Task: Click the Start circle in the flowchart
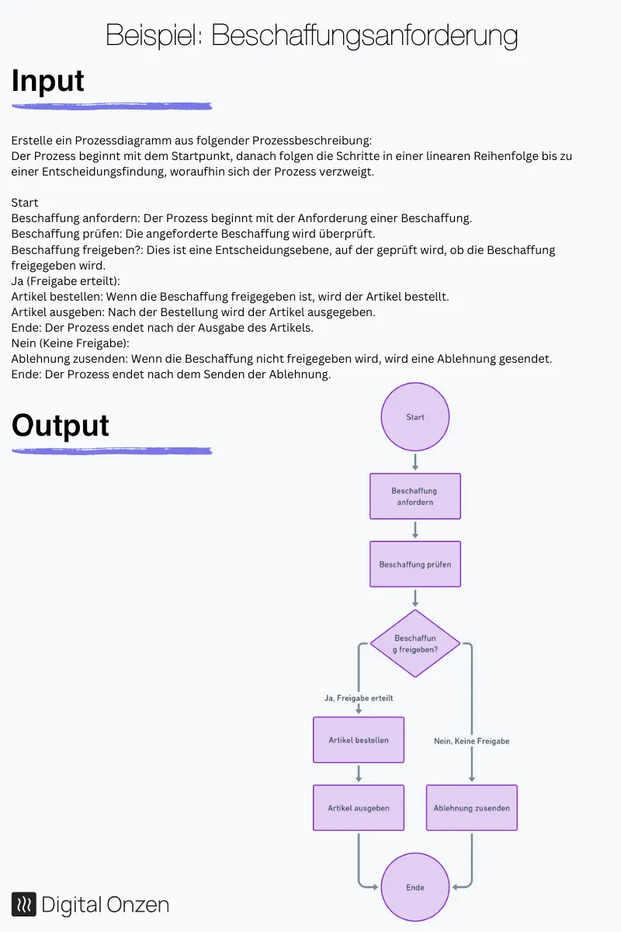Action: tap(415, 417)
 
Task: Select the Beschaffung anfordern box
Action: tap(415, 496)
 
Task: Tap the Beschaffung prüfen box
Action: tap(415, 565)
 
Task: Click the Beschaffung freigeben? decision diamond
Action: tap(415, 643)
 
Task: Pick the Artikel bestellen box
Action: tap(359, 740)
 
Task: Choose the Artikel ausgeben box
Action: tap(359, 808)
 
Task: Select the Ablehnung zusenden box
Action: tap(472, 808)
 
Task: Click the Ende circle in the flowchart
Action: tap(415, 887)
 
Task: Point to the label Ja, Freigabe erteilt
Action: tap(359, 698)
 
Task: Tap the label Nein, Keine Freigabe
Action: tap(472, 741)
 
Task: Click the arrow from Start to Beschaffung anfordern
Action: tap(415, 462)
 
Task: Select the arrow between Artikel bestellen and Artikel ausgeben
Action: tap(359, 774)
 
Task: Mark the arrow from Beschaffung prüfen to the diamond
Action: tap(415, 598)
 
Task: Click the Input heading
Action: tap(48, 81)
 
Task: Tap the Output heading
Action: tap(61, 426)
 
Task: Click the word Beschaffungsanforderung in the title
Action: tap(364, 35)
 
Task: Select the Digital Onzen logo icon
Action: tap(24, 904)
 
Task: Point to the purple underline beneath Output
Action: tap(112, 450)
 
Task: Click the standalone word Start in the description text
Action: tap(25, 203)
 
